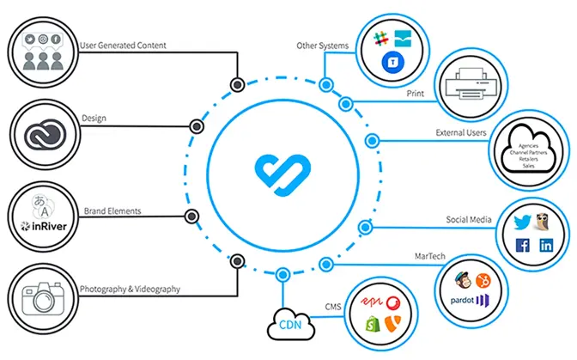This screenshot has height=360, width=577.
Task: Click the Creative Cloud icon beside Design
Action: pos(41,133)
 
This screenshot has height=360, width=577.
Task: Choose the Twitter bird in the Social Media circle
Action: pos(520,220)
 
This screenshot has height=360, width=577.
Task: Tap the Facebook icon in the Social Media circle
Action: pos(521,246)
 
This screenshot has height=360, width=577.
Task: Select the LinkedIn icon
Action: pos(546,246)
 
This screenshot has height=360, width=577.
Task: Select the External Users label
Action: pos(460,133)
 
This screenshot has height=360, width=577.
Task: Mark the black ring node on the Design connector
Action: pos(197,126)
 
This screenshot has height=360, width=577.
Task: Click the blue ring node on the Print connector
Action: pos(345,104)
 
